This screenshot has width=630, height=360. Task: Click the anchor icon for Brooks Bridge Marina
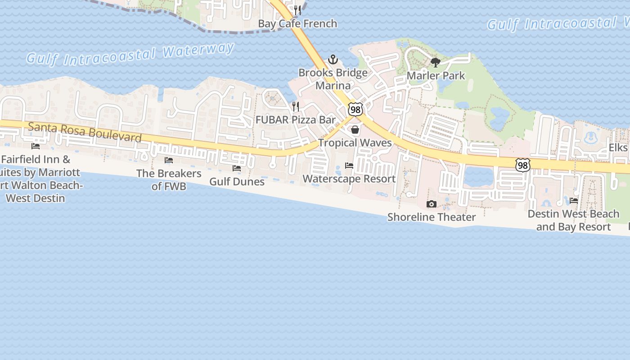[x=333, y=59]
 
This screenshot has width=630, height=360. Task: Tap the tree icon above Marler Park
[x=435, y=63]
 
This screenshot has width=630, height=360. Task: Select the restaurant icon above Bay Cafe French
[x=297, y=10]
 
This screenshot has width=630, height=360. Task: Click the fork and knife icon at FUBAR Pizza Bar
[x=296, y=107]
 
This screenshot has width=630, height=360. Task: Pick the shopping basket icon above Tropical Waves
[x=355, y=130]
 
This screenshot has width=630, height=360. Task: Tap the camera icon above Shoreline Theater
[x=431, y=204]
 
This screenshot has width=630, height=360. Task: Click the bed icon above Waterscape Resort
[x=349, y=166]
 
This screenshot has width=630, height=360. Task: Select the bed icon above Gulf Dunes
[x=236, y=168]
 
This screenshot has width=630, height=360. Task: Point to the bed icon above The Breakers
[x=169, y=160]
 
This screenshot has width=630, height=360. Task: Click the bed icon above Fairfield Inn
[x=35, y=146]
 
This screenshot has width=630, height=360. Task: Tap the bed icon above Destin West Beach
[x=574, y=201]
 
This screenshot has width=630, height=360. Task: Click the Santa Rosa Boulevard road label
[x=85, y=132]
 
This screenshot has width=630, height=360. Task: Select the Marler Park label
[x=436, y=75]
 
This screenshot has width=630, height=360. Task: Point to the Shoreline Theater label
[x=432, y=217]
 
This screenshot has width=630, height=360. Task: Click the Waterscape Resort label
[x=349, y=179]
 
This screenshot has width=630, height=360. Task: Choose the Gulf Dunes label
[x=237, y=181]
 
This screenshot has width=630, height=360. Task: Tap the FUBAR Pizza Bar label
[x=296, y=120]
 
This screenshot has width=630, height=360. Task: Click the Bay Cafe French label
[x=297, y=23]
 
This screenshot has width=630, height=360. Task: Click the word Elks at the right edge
[x=618, y=148]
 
